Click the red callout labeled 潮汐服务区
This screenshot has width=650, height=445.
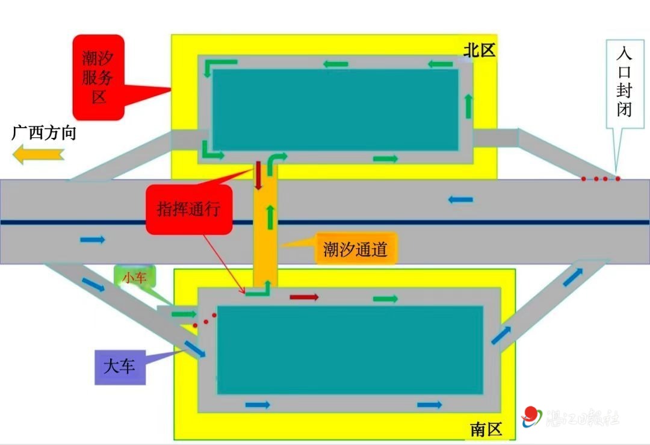(x=99, y=76)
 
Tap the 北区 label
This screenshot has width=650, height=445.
(x=479, y=51)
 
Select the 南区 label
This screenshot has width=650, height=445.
(x=486, y=429)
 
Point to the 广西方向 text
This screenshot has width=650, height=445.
(x=44, y=133)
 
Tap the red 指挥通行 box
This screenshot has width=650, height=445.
(x=189, y=210)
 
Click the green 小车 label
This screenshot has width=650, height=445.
(x=135, y=277)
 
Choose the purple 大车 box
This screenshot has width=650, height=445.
(x=120, y=366)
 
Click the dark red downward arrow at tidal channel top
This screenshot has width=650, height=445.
(x=258, y=175)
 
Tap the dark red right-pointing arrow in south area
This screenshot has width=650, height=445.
(x=304, y=297)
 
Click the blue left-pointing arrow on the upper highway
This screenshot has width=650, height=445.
(x=460, y=199)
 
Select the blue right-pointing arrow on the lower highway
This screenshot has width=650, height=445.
(x=93, y=240)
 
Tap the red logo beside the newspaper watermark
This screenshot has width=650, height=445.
(x=531, y=415)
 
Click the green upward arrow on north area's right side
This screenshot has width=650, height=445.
(x=468, y=106)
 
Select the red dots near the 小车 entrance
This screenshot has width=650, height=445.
(x=205, y=319)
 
